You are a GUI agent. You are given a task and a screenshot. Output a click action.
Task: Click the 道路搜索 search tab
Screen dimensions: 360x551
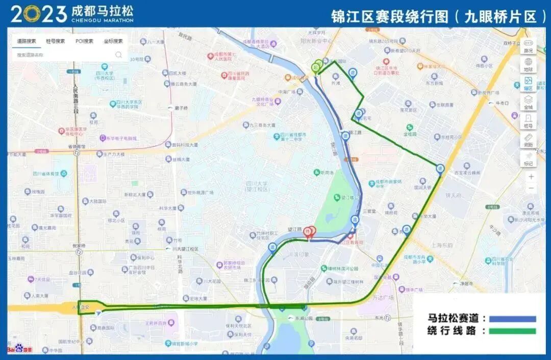coord(27,41)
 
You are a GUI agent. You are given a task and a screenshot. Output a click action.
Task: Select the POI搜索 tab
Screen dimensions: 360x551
coord(84,41)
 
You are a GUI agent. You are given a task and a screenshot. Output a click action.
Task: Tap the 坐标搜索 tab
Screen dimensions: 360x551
coord(113,41)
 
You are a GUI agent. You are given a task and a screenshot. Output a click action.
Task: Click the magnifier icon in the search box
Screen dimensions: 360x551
coord(118,55)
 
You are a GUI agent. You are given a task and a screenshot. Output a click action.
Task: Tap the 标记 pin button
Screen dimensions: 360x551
coord(529,158)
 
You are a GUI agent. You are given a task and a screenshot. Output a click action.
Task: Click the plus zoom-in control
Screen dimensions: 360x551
coord(531,177)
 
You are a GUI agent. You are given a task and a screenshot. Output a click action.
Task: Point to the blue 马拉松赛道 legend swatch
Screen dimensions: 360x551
coord(512,319)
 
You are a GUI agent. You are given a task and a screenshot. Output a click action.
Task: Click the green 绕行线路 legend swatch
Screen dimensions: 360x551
coord(512,331)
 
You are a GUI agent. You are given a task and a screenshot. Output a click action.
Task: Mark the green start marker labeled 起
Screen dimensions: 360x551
coord(316,67)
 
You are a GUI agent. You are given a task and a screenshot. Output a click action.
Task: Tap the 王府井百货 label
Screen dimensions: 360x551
coord(156,323)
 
